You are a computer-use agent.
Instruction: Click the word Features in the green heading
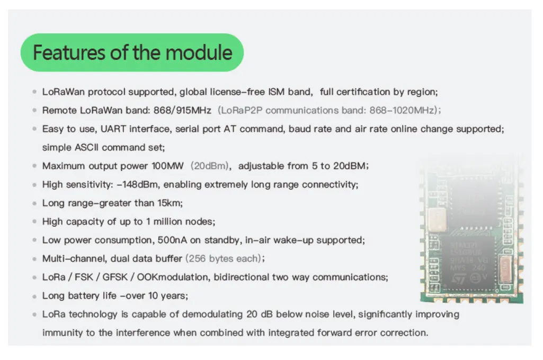pos(69,52)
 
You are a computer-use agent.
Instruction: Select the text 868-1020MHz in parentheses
pos(402,111)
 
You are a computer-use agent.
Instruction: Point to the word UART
pos(113,129)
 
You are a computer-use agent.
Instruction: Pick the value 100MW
pos(167,166)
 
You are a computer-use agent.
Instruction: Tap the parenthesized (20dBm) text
pos(210,166)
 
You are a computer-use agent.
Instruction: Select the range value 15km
pos(170,203)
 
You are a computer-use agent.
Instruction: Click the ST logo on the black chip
pos(459,278)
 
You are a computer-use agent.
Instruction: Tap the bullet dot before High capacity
pos(34,221)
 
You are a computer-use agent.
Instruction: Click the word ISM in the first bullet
pos(276,92)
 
